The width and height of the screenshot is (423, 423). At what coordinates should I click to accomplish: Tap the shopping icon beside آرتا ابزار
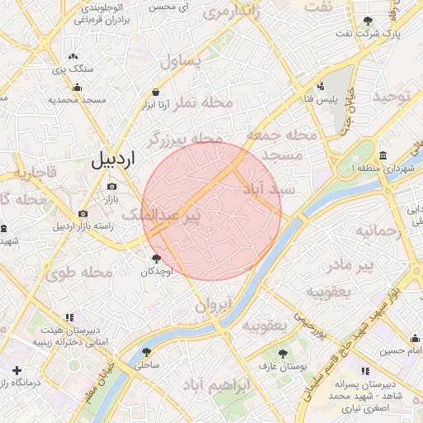click(156, 93)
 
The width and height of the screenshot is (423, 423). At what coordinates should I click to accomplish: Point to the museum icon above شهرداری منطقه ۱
click(383, 156)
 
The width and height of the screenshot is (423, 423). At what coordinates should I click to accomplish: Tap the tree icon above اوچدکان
click(156, 259)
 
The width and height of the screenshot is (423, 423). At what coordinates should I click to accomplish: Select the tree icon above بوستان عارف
click(283, 353)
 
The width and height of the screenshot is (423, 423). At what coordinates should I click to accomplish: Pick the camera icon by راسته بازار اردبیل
click(83, 214)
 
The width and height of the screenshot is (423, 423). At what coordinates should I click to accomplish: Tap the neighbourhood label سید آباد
click(270, 189)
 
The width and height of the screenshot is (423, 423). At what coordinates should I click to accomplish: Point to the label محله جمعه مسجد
click(279, 145)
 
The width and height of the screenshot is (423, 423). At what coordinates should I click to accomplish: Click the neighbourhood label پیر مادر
click(351, 266)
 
